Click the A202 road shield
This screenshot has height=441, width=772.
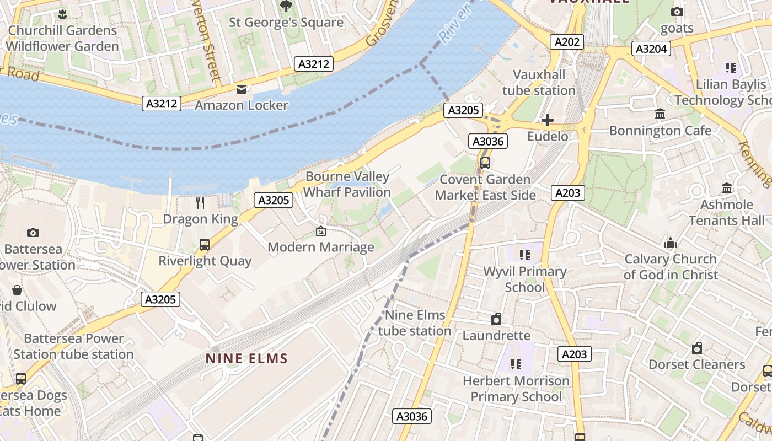tap(566, 42)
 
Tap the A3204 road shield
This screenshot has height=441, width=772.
tap(651, 49)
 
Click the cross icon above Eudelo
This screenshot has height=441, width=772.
tap(547, 120)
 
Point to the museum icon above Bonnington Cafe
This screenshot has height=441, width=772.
tap(660, 114)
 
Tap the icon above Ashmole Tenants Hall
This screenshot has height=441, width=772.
tap(726, 189)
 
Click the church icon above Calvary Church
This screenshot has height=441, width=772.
tap(670, 243)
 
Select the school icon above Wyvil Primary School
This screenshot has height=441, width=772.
tap(524, 255)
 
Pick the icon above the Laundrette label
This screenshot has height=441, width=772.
tap(496, 319)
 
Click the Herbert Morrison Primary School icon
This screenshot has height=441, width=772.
tap(516, 364)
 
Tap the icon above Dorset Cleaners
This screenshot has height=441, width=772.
tap(697, 348)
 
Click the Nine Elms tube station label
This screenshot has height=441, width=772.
tap(415, 323)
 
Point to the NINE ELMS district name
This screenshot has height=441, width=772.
tap(246, 359)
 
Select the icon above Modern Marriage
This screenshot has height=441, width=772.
tap(321, 231)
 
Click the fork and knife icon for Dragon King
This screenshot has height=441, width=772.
tap(200, 203)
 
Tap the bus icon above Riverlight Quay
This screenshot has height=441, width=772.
tap(204, 245)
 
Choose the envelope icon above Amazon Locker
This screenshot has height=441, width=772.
tap(242, 89)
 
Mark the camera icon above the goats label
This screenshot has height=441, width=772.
tap(677, 12)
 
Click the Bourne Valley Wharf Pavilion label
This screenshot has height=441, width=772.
tap(347, 184)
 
